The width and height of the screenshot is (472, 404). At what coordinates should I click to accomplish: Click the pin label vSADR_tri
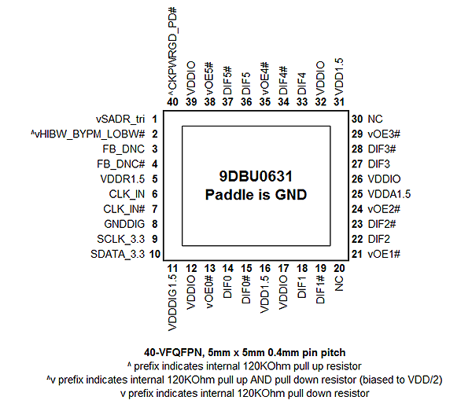pyautogui.click(x=120, y=119)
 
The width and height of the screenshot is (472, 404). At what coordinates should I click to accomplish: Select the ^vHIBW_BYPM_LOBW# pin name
pyautogui.click(x=87, y=134)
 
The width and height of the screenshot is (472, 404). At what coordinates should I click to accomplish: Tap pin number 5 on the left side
pyautogui.click(x=155, y=179)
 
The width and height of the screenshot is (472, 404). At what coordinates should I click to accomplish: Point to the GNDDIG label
pyautogui.click(x=124, y=224)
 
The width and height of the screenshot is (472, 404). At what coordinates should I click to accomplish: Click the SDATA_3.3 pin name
pyautogui.click(x=118, y=254)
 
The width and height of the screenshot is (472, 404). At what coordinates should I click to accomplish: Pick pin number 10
pyautogui.click(x=155, y=254)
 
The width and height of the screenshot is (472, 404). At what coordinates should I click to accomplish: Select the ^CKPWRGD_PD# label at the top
pyautogui.click(x=173, y=49)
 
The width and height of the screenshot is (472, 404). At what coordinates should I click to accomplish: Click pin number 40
pyautogui.click(x=172, y=101)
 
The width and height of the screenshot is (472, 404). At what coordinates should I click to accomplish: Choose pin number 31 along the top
pyautogui.click(x=339, y=101)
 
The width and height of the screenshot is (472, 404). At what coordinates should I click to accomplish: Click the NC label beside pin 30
pyautogui.click(x=375, y=119)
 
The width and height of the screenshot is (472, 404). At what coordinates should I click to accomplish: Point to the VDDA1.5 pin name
pyautogui.click(x=389, y=194)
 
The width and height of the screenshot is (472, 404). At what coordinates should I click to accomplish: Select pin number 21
pyautogui.click(x=357, y=254)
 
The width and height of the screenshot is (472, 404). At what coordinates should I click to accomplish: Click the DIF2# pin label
pyautogui.click(x=382, y=224)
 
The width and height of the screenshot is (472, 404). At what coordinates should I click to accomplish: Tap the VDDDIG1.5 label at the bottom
pyautogui.click(x=172, y=303)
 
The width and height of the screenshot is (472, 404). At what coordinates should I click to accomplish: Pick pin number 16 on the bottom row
pyautogui.click(x=265, y=268)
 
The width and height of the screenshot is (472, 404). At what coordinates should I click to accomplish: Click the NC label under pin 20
pyautogui.click(x=339, y=284)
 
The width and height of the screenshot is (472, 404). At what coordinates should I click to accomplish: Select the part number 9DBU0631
pyautogui.click(x=256, y=176)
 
